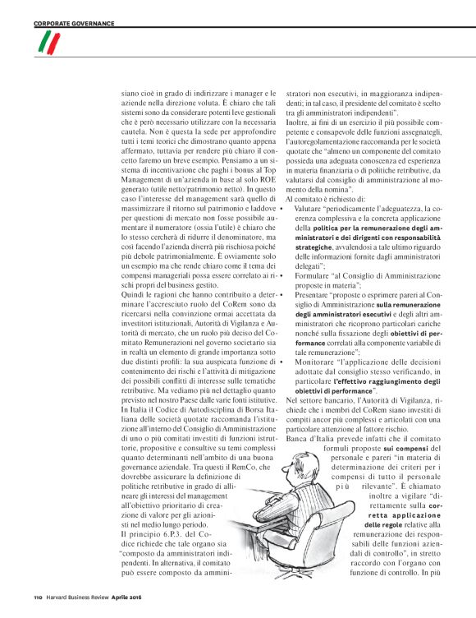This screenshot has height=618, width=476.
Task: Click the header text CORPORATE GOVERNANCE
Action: tap(73, 23)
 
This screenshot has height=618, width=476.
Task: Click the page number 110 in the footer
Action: tap(38, 597)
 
